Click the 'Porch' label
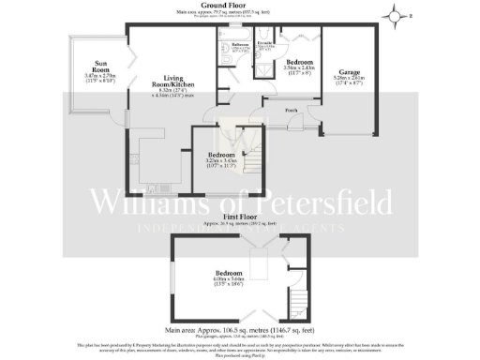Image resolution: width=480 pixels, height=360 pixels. click(292, 110)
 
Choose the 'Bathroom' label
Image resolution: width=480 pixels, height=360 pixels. click(240, 44)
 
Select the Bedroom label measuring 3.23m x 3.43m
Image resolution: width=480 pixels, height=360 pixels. click(221, 154)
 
